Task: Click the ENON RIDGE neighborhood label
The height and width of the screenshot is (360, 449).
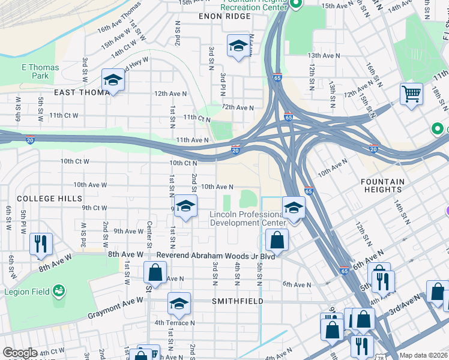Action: click(224, 16)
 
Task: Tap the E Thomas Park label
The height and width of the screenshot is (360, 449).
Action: click(40, 72)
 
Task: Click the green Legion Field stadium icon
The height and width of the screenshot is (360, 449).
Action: click(59, 290)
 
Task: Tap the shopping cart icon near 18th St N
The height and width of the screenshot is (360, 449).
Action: click(411, 94)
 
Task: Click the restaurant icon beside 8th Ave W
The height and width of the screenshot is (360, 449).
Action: click(41, 243)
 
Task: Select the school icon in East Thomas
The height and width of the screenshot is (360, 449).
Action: click(112, 80)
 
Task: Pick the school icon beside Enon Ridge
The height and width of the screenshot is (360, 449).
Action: click(238, 46)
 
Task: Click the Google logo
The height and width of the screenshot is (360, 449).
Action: click(20, 353)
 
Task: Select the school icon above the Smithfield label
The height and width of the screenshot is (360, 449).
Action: click(178, 304)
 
